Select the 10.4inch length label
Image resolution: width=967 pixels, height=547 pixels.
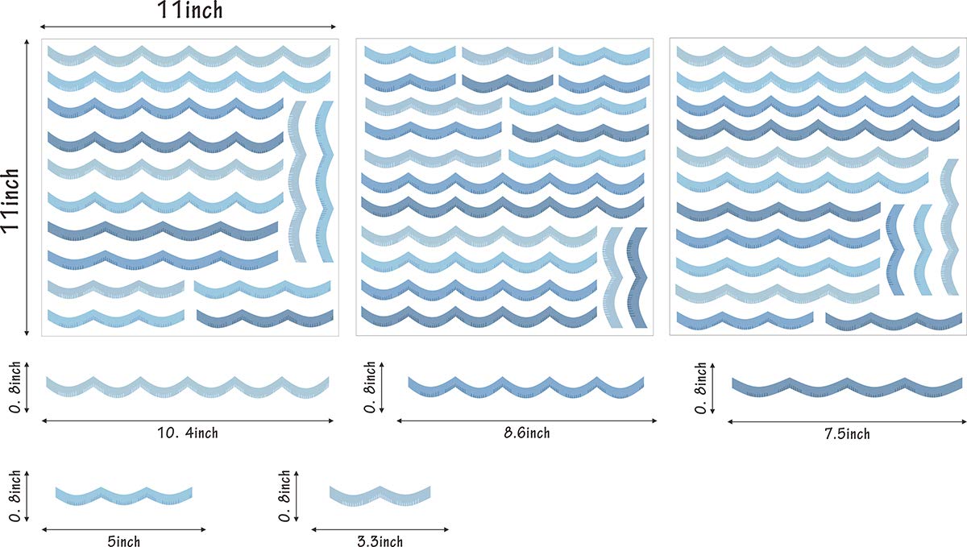pos(188,433)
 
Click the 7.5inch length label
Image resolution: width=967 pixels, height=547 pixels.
pos(845,434)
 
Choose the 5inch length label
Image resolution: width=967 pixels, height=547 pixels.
pos(123,541)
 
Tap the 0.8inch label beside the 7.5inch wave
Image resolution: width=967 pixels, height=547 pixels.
pos(702,387)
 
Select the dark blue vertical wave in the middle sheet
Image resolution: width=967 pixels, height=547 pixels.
pos(637,278)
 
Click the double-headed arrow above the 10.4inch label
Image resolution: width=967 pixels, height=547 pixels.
pos(188,420)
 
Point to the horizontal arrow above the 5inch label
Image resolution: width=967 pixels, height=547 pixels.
pos(123,529)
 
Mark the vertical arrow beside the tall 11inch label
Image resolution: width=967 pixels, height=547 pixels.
pos(28,188)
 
